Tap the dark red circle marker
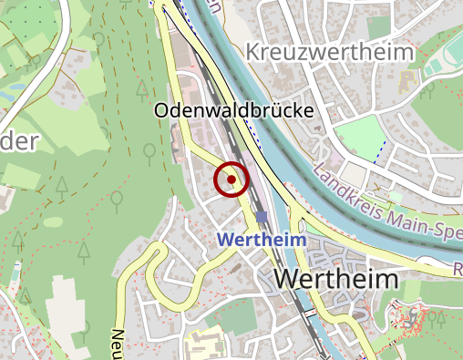pyautogui.click(x=231, y=180)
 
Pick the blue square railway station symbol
pyautogui.click(x=262, y=217)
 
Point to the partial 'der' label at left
pyautogui.click(x=18, y=140)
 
